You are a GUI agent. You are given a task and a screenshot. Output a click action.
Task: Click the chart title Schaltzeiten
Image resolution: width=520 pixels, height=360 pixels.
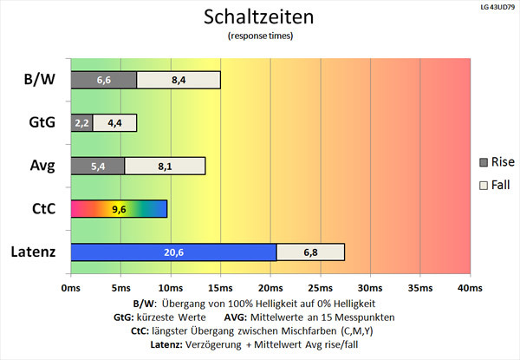tap(259, 16)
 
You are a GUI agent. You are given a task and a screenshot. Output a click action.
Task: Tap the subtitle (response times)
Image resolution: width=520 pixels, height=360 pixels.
tap(259, 36)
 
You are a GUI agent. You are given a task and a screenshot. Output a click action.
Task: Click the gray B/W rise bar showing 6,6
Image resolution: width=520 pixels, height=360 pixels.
tap(103, 80)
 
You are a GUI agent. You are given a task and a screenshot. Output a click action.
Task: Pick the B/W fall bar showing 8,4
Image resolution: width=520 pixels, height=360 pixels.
tap(179, 80)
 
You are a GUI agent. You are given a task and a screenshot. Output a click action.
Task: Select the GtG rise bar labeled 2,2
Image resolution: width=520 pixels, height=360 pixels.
tap(81, 122)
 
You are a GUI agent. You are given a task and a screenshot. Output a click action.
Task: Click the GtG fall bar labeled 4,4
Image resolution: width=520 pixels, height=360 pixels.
tap(114, 122)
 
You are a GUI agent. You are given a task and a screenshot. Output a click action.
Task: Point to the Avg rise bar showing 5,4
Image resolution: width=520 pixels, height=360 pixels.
tap(97, 165)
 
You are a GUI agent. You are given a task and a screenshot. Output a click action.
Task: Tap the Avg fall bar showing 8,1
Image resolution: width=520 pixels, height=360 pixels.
tap(165, 165)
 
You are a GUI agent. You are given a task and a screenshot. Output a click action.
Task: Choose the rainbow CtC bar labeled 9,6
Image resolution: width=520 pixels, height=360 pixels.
tap(119, 208)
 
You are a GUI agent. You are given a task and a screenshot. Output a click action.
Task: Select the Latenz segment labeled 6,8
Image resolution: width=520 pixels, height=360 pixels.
tap(310, 252)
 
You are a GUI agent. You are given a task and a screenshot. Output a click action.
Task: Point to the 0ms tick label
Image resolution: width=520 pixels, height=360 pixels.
tap(71, 287)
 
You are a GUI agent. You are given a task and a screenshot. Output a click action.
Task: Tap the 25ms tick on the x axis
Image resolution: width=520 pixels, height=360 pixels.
tap(321, 287)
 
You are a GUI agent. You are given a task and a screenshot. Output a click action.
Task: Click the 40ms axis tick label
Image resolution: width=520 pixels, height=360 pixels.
tap(469, 287)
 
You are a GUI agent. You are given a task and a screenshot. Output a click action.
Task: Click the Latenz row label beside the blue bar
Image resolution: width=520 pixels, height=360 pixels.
tap(35, 252)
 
